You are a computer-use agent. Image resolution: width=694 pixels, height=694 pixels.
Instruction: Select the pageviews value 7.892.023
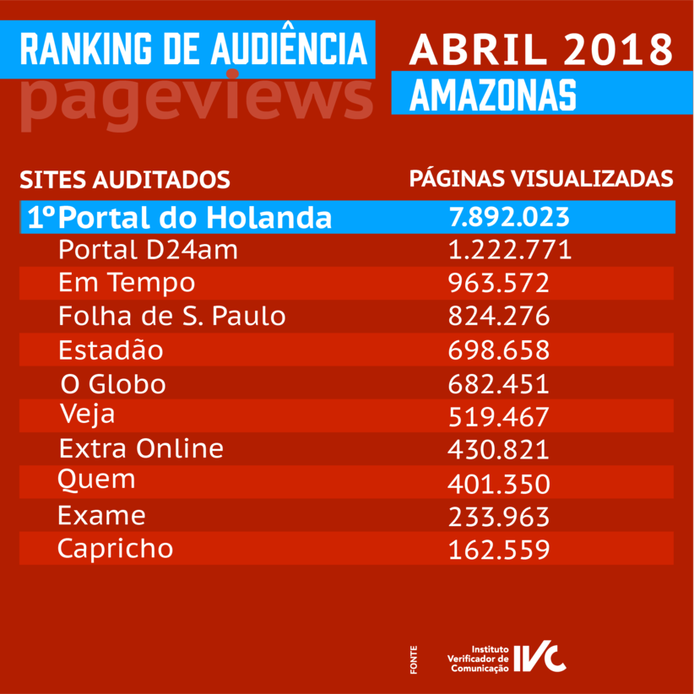[x=510, y=217]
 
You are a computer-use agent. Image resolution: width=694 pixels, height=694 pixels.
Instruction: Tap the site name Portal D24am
[x=149, y=250]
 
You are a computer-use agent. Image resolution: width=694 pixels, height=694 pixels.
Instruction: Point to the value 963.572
[x=499, y=283]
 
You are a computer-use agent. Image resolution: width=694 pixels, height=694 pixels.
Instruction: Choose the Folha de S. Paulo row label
[x=171, y=317]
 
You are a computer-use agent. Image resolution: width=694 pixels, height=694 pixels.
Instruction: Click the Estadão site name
[x=111, y=350]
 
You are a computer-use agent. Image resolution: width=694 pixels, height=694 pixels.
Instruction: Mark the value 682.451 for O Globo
[x=499, y=384]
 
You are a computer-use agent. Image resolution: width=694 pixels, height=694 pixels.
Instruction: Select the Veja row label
[x=88, y=415]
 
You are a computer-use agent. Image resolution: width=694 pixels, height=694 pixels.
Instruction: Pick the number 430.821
[x=499, y=449]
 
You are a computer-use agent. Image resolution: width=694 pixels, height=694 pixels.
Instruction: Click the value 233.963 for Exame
[x=499, y=516]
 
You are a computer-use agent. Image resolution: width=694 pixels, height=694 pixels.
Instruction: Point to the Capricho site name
[x=115, y=549]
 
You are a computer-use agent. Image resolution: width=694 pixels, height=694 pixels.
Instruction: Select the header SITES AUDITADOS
[x=125, y=180]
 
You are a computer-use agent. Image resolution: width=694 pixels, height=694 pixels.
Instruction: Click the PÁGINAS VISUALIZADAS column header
[x=541, y=179]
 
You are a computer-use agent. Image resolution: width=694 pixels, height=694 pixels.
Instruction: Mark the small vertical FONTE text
[x=414, y=659]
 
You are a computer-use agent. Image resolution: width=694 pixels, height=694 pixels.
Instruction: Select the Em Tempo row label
[x=127, y=283]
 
